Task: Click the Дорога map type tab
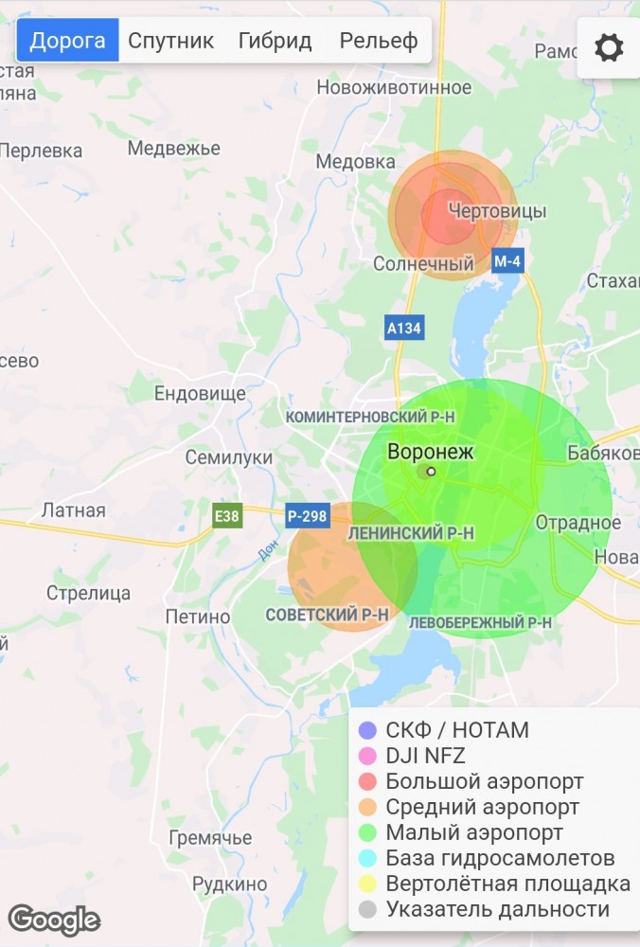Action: pos(67,41)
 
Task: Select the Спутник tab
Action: pos(171,41)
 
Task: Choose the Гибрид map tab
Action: pos(275,41)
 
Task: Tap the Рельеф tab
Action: pos(379,41)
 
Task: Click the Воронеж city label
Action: pos(431,453)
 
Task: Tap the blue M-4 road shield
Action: pos(507,261)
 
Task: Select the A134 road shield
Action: pos(404,328)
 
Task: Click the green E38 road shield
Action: pos(227,516)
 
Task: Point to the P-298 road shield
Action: pos(307,516)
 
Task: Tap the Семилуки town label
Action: pos(228,457)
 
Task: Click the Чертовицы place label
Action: pos(497,210)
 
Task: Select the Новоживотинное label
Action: pos(394,87)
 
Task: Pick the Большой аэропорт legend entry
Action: pos(484,781)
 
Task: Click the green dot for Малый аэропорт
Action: pos(368,832)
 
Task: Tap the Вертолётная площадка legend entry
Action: pos(507,884)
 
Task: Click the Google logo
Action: pos(54,919)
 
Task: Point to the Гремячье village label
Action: pos(210,838)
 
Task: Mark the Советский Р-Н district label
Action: pos(328,615)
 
